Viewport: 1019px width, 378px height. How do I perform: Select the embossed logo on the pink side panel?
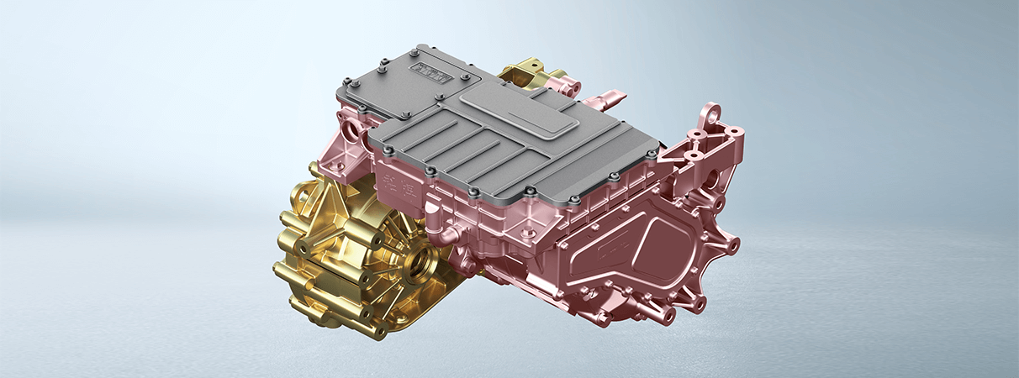point(606,251)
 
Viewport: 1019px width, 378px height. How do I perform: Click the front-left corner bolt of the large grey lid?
point(388,152)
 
